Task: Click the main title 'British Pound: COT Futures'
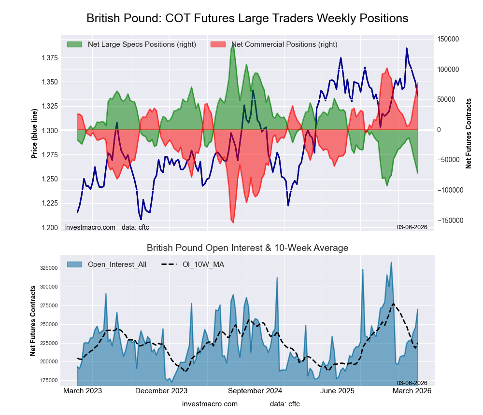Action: click(247, 18)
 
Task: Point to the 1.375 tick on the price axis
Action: click(50, 58)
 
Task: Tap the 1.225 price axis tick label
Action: click(50, 203)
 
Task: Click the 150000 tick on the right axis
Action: click(448, 39)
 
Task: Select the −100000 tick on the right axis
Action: click(446, 190)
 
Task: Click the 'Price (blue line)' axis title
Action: click(34, 134)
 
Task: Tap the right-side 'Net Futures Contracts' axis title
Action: click(468, 134)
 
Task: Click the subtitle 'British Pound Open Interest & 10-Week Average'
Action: click(247, 248)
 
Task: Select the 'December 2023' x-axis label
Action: click(161, 391)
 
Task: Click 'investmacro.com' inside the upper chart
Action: click(90, 227)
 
